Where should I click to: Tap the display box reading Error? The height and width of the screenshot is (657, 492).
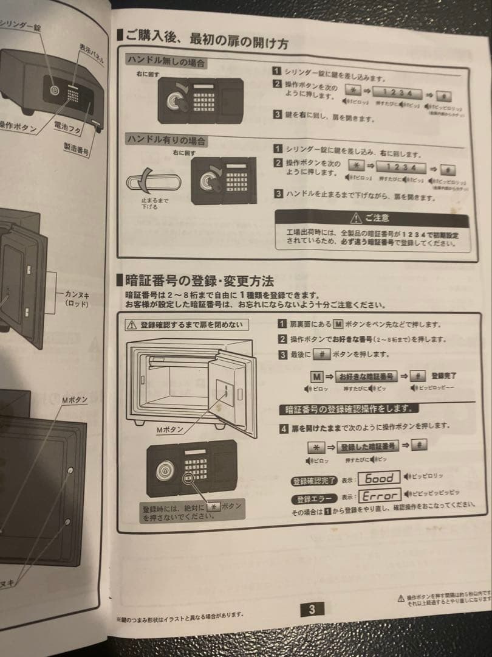coord(380,496)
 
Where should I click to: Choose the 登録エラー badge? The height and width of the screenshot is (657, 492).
coord(313,499)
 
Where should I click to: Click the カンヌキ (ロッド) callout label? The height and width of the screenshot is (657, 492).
coord(77,299)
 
